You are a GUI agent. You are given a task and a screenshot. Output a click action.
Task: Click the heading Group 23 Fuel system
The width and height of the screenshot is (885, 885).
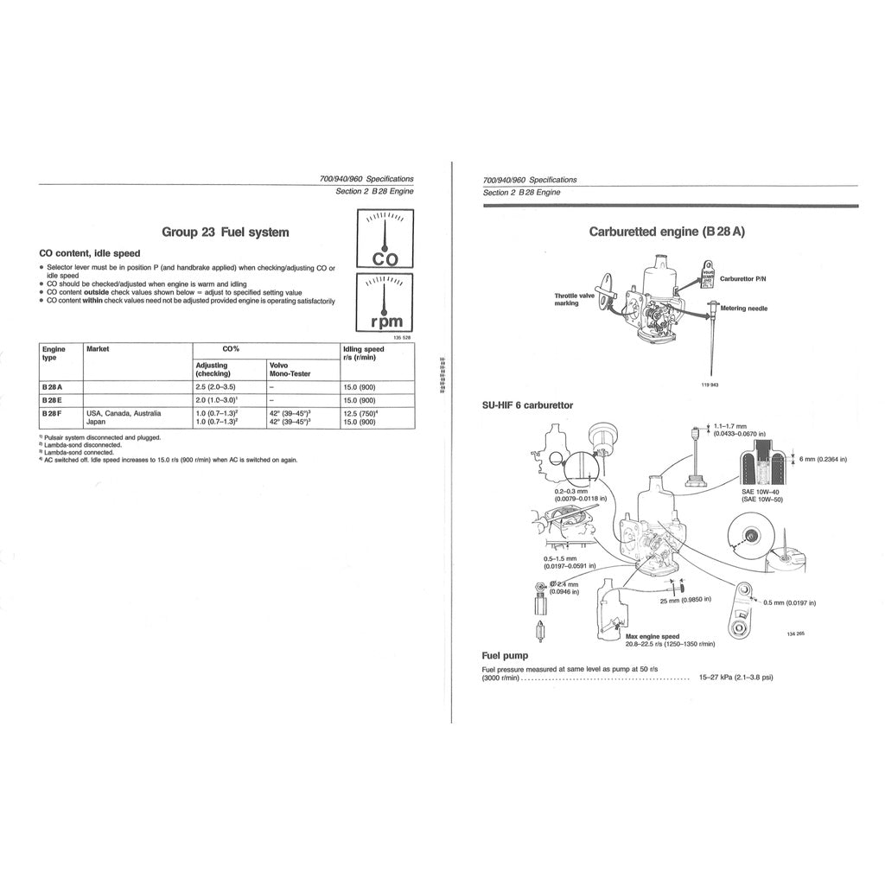(x=226, y=232)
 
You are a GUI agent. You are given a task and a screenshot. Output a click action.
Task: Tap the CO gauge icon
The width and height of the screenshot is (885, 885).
(x=385, y=239)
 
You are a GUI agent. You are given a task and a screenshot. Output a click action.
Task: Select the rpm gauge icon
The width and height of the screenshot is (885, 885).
(x=385, y=302)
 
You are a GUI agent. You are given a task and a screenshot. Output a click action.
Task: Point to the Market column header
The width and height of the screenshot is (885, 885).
(x=97, y=349)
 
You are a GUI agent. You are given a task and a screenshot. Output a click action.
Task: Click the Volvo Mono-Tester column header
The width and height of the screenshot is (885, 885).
(x=290, y=369)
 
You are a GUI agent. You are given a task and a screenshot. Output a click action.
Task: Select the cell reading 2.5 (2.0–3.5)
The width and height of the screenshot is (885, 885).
(x=216, y=387)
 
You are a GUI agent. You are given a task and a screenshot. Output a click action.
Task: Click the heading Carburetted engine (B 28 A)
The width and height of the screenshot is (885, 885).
(x=666, y=232)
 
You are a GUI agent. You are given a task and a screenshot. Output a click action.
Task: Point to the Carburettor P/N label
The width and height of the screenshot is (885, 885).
(x=742, y=278)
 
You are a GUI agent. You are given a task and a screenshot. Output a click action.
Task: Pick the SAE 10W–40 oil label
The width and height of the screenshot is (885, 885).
(x=761, y=492)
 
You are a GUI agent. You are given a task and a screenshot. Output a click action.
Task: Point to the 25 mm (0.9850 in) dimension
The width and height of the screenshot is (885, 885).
(x=685, y=600)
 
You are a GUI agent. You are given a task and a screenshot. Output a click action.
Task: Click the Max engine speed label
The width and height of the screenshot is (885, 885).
(x=653, y=636)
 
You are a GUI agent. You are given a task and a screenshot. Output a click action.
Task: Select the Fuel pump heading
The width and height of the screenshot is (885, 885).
(x=505, y=656)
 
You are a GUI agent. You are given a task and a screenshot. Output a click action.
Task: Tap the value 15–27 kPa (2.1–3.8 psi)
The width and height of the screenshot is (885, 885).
(x=735, y=677)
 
